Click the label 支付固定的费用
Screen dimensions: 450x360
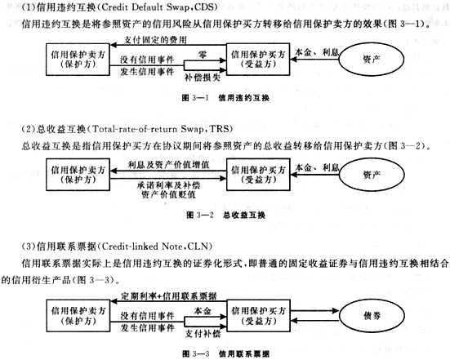155,40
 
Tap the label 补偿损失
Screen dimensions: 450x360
203,78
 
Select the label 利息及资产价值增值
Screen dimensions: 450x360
168,165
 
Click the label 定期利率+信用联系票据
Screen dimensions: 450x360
169,296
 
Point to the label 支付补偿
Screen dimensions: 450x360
203,334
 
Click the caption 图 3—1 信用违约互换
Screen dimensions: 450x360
225,98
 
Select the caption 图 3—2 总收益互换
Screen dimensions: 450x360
226,216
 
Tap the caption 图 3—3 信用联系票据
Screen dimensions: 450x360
226,353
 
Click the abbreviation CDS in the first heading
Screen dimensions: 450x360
204,7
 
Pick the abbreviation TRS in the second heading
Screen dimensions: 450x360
220,129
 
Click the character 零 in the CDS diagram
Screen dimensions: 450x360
203,55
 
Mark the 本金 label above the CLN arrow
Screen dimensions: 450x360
203,311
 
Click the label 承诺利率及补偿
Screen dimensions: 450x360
168,185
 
